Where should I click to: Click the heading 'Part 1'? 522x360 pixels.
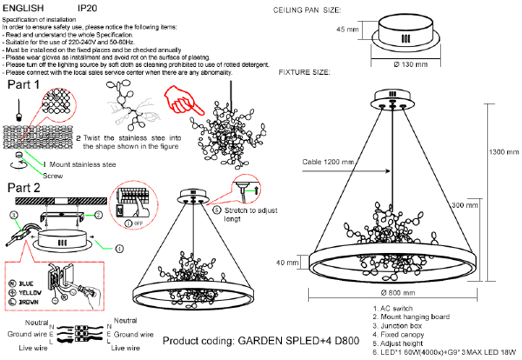(x=23, y=87)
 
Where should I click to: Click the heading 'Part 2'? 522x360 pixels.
(x=23, y=188)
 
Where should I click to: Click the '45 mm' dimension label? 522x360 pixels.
(x=347, y=30)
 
